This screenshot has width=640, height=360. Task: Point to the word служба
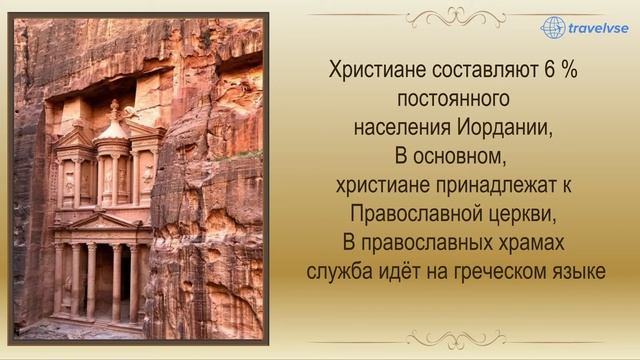click(339, 269)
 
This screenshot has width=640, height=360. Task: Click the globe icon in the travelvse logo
click(553, 27)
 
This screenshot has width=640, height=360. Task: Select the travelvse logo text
click(601, 29)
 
